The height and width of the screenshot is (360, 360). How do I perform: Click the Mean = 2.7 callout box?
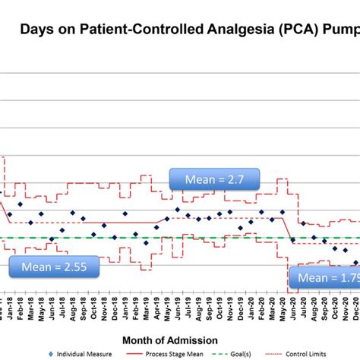214,180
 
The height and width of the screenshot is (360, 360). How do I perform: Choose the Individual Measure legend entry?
84,354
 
